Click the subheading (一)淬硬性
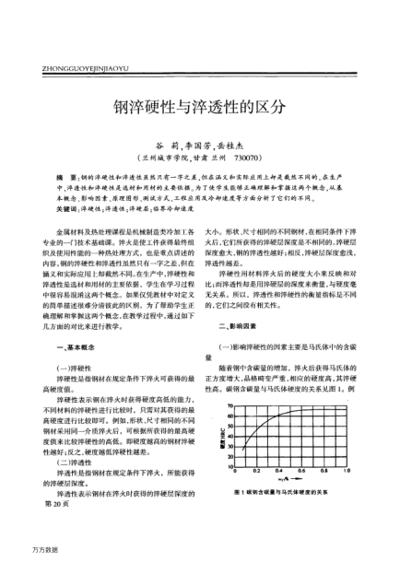pyautogui.click(x=76, y=367)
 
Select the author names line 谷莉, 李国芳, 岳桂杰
pyautogui.click(x=199, y=145)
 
